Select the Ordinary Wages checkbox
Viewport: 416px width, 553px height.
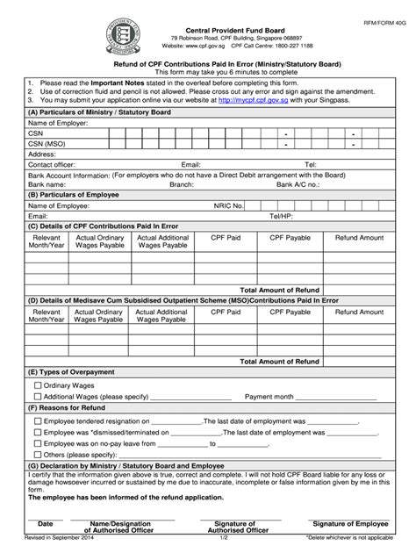pos(37,384)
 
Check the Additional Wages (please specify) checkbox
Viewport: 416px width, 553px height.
pos(37,396)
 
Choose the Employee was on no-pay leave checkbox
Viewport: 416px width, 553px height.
pos(37,443)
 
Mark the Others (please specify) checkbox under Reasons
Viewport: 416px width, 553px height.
pos(37,455)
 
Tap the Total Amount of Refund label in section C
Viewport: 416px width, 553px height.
pos(279,288)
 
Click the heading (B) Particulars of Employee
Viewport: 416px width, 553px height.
pos(76,193)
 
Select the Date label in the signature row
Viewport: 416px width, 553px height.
pos(45,523)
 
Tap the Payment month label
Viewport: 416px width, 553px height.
pos(270,396)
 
